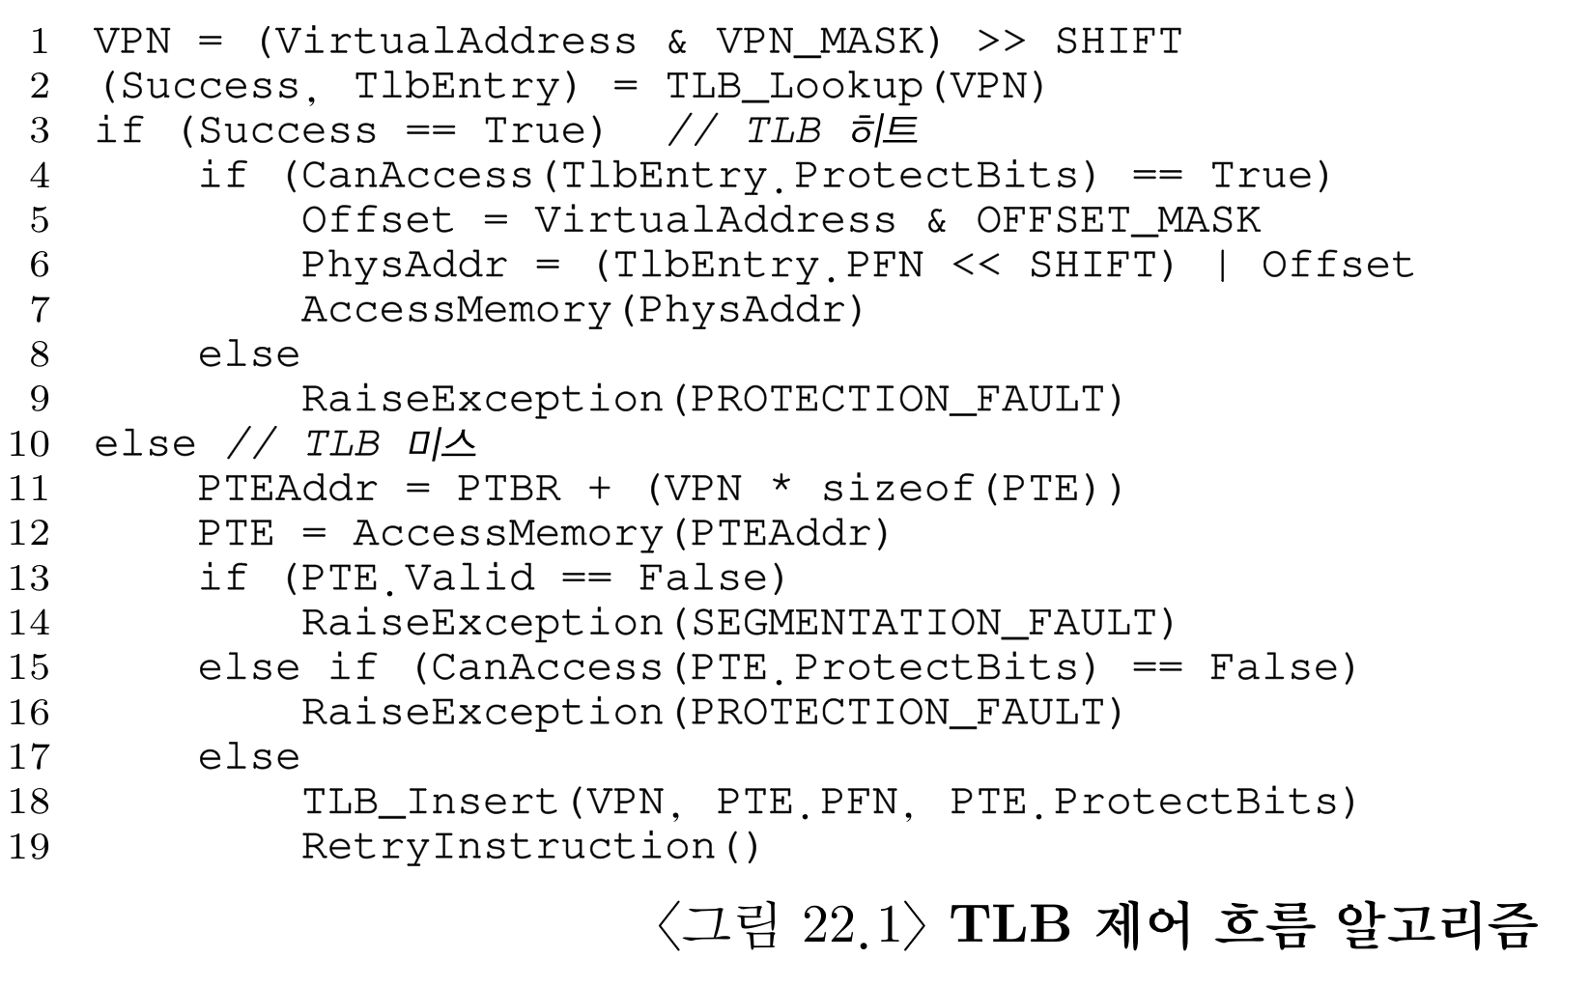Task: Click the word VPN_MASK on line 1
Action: pos(818,42)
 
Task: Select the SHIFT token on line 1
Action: pos(1118,42)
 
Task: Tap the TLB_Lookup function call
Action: pos(793,87)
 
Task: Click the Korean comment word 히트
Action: pos(886,130)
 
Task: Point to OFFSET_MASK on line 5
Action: pos(1118,220)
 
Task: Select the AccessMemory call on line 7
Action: pos(457,310)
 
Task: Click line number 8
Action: pos(39,354)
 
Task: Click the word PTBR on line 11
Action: pos(508,489)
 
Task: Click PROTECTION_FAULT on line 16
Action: pos(897,713)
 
